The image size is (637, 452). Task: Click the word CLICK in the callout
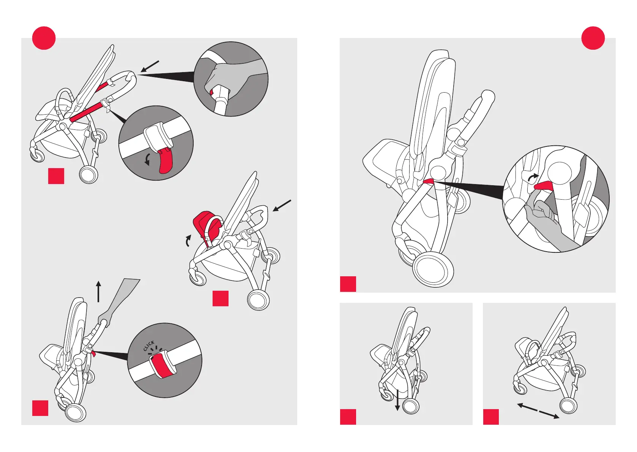[x=149, y=346]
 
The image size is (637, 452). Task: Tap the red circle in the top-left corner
[x=44, y=38]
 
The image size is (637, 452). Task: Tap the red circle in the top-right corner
[x=593, y=38]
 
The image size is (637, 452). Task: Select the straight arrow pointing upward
[x=99, y=291]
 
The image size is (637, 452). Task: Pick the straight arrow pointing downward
[x=397, y=399]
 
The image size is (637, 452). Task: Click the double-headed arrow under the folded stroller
[x=538, y=411]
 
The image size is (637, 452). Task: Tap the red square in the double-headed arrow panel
[x=491, y=417]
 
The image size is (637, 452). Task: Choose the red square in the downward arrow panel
[x=348, y=417]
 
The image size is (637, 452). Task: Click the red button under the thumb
[x=211, y=92]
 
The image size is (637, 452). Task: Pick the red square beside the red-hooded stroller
[x=221, y=298]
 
